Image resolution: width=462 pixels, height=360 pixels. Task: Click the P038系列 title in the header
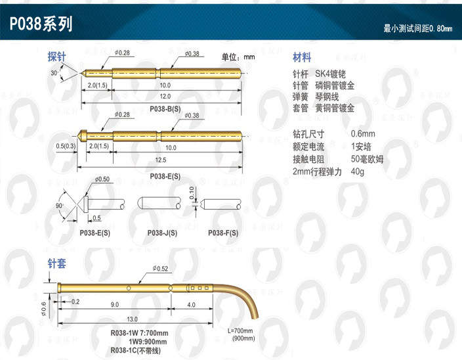tap(41, 24)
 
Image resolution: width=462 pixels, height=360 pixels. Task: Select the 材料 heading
tap(302, 57)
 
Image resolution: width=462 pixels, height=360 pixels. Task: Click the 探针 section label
tap(56, 57)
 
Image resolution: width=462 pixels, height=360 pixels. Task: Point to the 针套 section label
tap(56, 264)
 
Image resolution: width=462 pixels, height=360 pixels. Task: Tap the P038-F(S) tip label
tap(223, 233)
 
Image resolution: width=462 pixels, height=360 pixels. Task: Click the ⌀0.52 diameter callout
tap(160, 268)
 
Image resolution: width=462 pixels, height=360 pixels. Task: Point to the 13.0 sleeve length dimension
tap(133, 318)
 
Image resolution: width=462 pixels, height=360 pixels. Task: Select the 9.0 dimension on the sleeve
tap(114, 305)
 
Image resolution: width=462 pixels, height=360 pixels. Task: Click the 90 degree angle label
tap(58, 205)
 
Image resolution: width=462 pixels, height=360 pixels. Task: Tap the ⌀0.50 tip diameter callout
tap(102, 179)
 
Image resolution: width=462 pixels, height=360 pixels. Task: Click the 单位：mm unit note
tap(238, 57)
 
